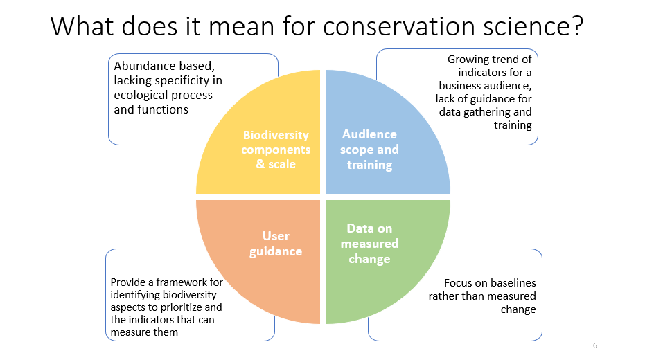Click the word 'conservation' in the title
[x=399, y=26]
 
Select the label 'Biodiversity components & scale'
[x=276, y=150]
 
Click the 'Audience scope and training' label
[x=369, y=150]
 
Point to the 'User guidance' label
[x=276, y=244]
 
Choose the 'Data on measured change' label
[x=369, y=244]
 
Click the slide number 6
[x=595, y=345]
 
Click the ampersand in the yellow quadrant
[x=260, y=164]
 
